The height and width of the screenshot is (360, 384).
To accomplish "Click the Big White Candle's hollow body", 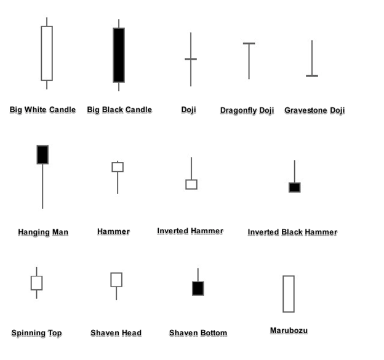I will [47, 53].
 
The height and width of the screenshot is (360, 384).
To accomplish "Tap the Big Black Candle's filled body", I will [119, 55].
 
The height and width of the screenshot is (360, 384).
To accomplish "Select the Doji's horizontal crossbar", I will [191, 59].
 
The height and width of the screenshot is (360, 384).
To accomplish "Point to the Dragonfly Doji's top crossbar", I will [249, 44].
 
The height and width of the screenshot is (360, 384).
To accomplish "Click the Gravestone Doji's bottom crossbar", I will [312, 76].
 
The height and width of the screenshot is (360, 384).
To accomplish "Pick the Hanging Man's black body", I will [42, 154].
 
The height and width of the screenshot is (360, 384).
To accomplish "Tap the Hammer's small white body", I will [118, 167].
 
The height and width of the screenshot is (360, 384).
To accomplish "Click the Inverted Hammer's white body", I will [191, 184].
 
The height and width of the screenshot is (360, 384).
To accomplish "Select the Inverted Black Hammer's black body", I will [295, 187].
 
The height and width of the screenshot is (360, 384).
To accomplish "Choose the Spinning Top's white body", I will [36, 283].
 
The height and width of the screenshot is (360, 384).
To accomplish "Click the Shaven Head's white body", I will [116, 279].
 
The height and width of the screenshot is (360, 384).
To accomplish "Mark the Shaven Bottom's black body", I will [198, 288].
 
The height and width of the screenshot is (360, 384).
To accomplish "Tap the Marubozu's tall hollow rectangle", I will [289, 294].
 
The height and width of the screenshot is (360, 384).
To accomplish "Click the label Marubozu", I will [289, 330].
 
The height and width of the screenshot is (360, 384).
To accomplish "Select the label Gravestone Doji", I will [314, 111].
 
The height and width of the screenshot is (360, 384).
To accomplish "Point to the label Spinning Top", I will [36, 333].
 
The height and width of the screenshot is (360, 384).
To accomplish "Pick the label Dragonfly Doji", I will [247, 111].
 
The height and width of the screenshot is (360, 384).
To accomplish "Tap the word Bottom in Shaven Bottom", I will [213, 333].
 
